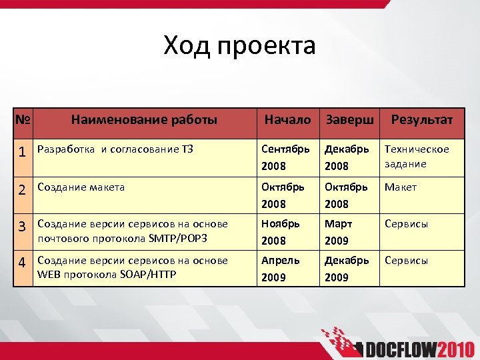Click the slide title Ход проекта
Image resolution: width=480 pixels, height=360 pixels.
[239, 46]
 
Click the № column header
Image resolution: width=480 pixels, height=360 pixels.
[23, 120]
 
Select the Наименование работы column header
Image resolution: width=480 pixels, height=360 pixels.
[144, 120]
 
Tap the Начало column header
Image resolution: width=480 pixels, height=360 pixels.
[287, 120]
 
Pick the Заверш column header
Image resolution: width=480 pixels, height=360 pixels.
[349, 120]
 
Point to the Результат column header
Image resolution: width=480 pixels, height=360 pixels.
[421, 120]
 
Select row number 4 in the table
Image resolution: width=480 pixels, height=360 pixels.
[23, 262]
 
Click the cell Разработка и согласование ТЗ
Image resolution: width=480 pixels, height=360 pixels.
[115, 149]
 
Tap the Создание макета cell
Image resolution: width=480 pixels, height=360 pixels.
[81, 187]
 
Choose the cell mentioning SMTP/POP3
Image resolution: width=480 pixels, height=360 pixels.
[133, 231]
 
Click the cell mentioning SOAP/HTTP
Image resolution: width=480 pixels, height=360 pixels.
[133, 267]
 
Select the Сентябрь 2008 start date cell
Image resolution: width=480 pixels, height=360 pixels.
[285, 157]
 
